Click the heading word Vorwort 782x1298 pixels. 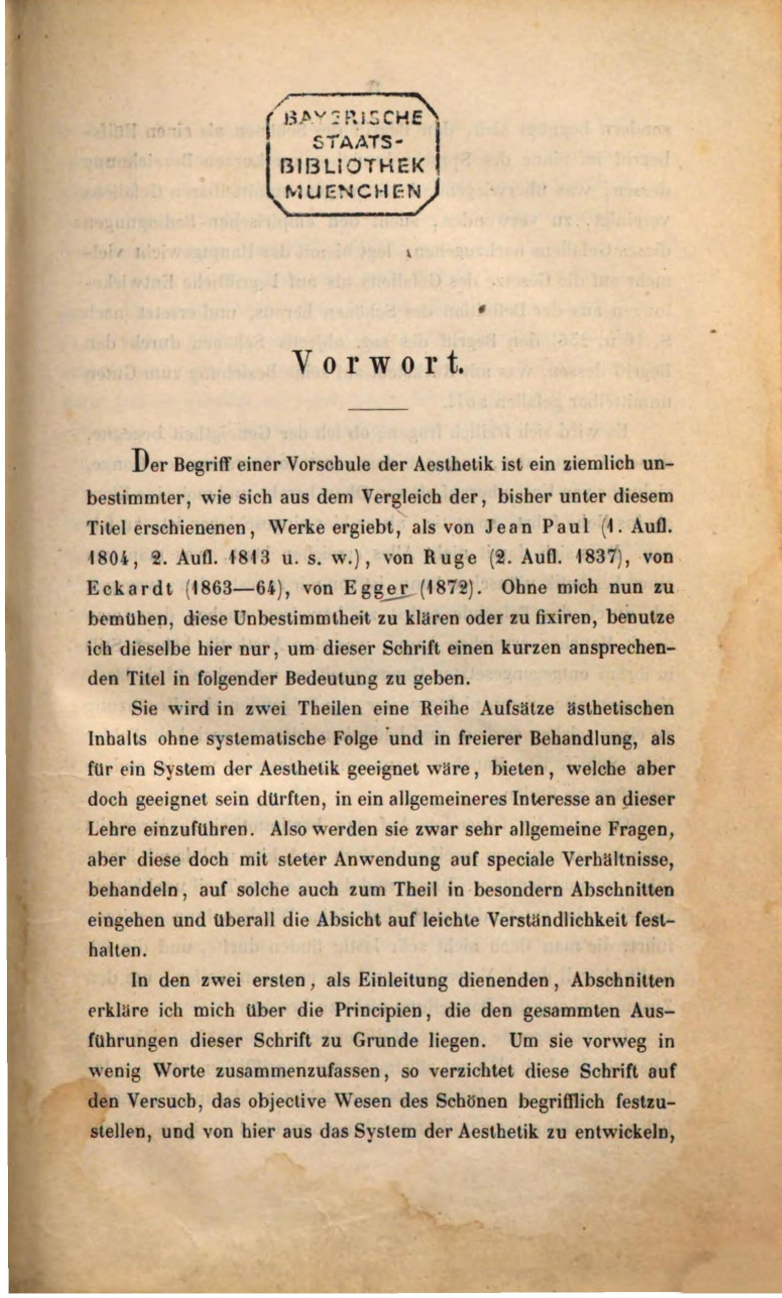[378, 362]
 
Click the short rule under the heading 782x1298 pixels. [378, 409]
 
